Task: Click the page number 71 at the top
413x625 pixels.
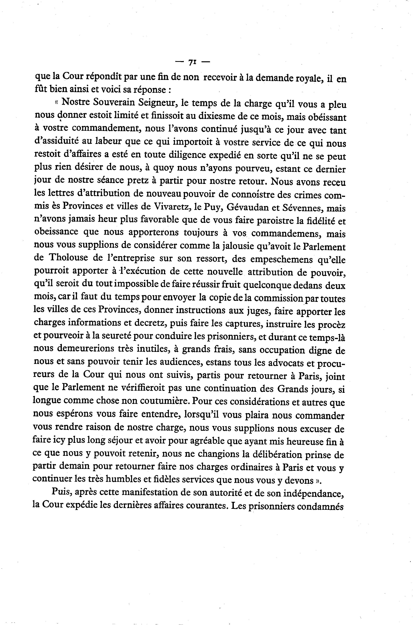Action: (192, 62)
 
